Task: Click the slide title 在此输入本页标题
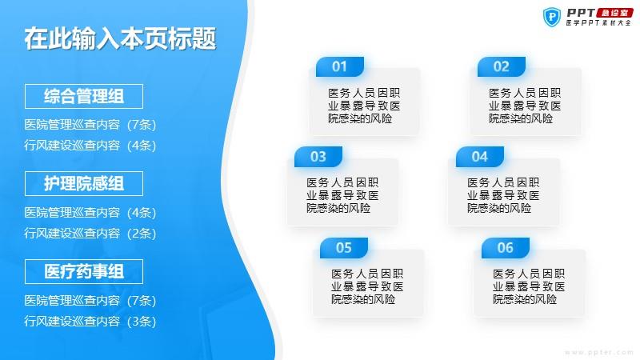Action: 120,39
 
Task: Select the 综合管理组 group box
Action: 84,96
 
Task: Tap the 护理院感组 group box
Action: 84,184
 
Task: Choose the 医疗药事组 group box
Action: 84,271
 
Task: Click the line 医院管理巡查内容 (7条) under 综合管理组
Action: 90,125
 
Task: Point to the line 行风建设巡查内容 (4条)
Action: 90,146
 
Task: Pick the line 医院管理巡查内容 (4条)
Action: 90,212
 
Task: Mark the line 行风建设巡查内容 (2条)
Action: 90,233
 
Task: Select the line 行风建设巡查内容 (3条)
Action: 90,322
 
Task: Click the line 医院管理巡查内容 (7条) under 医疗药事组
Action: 90,301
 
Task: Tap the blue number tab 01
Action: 339,66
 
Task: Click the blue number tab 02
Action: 502,66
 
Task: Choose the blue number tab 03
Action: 318,157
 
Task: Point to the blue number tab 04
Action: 479,157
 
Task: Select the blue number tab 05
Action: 344,248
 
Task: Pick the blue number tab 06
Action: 506,248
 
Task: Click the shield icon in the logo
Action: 552,17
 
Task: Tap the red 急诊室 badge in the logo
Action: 614,13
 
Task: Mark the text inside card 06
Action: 529,286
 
